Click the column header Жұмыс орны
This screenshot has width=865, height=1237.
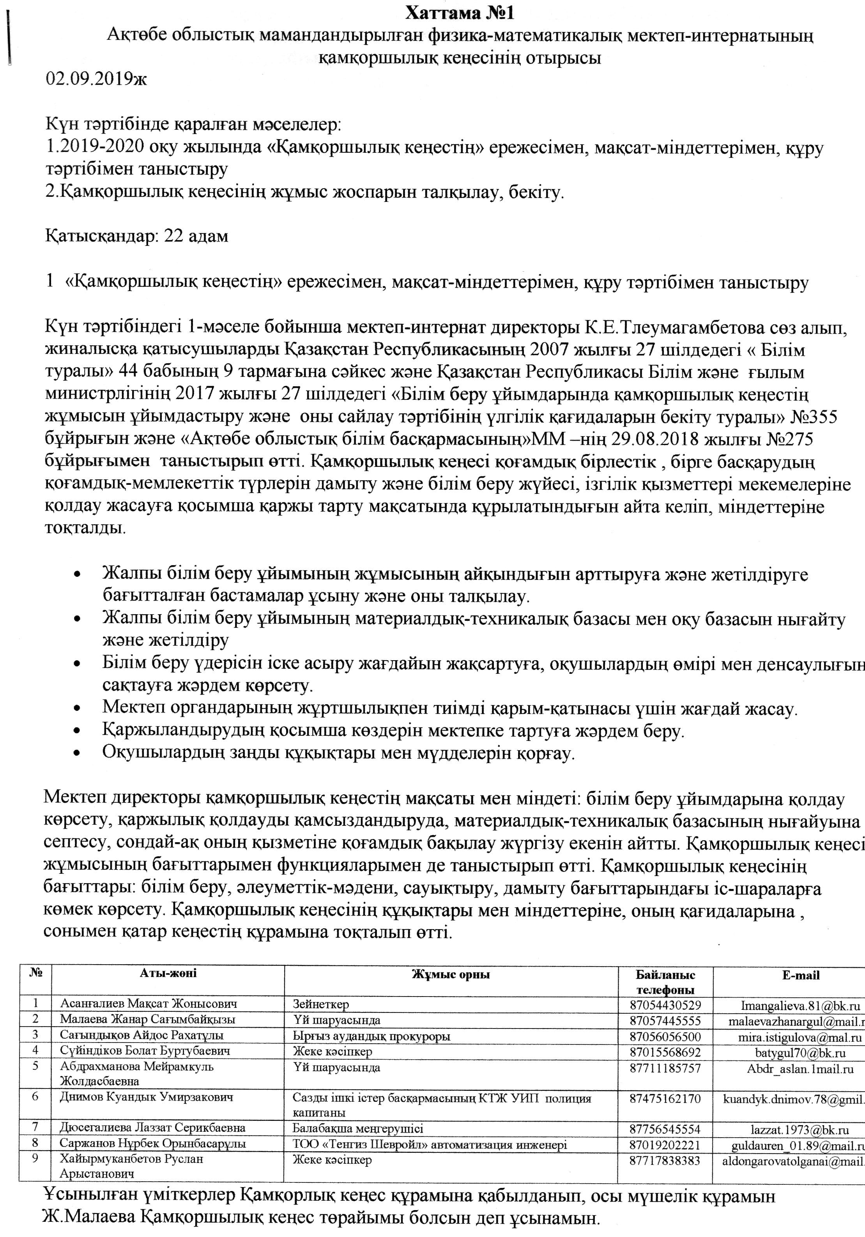[x=451, y=974]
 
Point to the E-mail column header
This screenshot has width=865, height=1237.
[x=800, y=975]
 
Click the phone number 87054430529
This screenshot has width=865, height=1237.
[x=665, y=1005]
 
